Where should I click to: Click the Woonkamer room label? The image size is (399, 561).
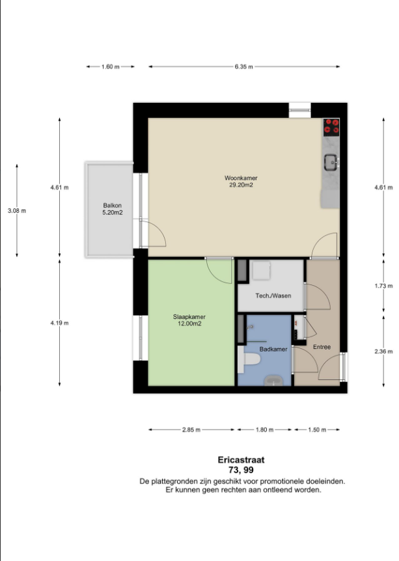coord(241,178)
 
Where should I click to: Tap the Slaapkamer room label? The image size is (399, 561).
coord(189,317)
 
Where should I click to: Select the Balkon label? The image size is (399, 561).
coord(113,206)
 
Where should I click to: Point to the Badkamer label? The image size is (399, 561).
coord(273,349)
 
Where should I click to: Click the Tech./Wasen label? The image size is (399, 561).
coord(273,295)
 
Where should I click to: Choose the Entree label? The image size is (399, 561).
coord(322,347)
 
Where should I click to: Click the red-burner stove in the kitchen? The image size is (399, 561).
coord(331,128)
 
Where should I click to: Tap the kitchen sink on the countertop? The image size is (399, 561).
coord(331,163)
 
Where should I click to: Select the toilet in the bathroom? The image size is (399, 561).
coord(249,359)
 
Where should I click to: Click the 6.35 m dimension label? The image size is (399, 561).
coord(244,66)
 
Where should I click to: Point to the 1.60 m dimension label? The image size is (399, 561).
coord(111,66)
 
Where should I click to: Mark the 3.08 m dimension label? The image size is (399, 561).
coord(17,211)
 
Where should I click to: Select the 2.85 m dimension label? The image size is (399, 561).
coord(191,430)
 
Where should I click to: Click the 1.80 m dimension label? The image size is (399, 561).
coord(265,430)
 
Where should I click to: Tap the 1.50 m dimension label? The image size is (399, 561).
coord(317,430)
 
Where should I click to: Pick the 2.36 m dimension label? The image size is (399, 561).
coord(383,351)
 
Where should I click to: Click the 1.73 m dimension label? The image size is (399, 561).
coord(383,286)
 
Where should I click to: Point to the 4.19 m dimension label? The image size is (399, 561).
coord(59,323)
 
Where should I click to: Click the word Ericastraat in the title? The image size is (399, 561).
coord(241,459)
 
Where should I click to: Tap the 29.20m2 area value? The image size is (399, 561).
coord(241,185)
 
